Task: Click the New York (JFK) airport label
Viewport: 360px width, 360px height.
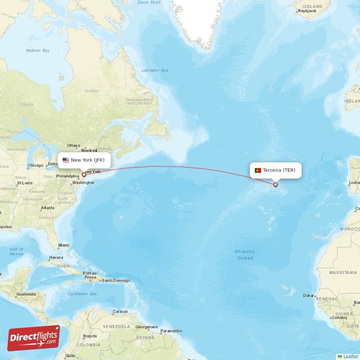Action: click(x=84, y=160)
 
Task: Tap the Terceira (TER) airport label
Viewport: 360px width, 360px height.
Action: click(x=275, y=170)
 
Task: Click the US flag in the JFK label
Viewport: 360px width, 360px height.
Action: click(x=66, y=160)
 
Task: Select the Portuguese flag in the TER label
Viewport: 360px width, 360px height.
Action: click(x=258, y=170)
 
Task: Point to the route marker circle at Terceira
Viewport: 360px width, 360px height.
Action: click(x=275, y=184)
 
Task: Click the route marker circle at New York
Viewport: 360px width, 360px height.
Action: click(x=84, y=174)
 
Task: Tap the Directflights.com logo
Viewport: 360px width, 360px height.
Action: click(x=33, y=337)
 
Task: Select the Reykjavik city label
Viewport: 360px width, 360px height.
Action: click(x=308, y=10)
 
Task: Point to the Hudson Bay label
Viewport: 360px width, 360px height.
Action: click(x=38, y=50)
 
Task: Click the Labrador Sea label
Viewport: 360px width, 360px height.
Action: click(x=155, y=70)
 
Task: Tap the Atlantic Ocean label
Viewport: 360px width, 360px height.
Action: click(x=245, y=255)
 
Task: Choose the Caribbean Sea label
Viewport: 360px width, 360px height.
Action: click(x=82, y=294)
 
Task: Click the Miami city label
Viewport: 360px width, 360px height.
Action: click(x=63, y=246)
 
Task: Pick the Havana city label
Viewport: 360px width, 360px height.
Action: click(x=56, y=257)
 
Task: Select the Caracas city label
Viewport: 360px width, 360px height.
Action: click(x=120, y=311)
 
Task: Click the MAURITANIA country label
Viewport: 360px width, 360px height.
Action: click(x=343, y=273)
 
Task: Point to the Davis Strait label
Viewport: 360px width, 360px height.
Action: click(x=148, y=2)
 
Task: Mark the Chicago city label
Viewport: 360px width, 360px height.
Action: click(x=35, y=165)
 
